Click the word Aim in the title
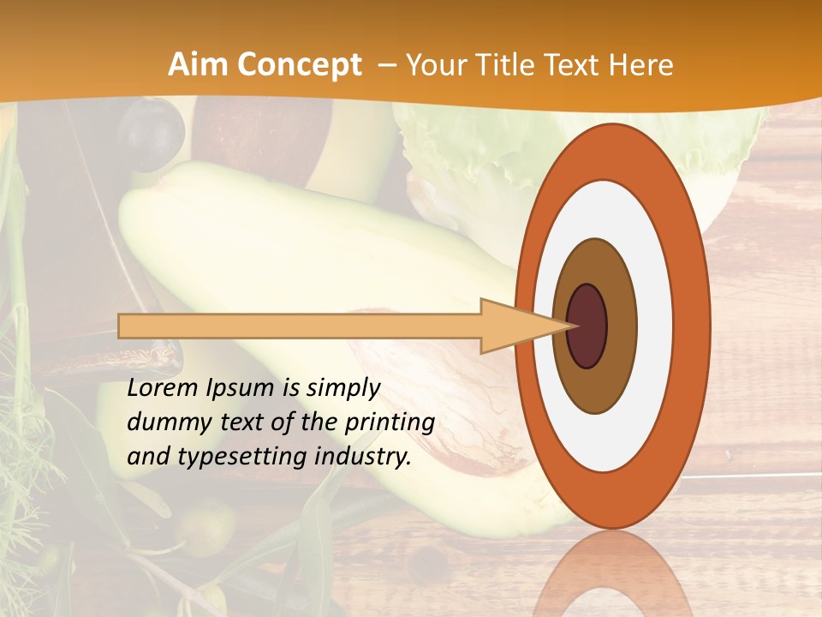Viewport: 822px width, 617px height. coord(198,65)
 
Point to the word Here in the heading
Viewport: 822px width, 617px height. coord(641,65)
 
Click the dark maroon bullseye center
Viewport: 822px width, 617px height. coord(587,326)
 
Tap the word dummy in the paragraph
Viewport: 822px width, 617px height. coord(163,422)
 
